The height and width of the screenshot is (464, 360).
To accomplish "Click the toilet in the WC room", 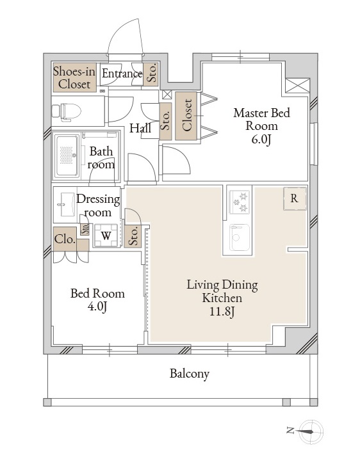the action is point(67,112).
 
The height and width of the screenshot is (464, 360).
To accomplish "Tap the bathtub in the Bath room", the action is point(67,156).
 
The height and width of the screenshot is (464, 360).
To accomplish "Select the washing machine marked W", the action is point(106,236).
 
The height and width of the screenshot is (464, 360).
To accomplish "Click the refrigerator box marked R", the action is point(295,198).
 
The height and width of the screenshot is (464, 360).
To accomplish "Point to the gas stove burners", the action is point(240,202).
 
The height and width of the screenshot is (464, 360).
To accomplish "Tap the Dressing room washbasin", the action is point(67,205).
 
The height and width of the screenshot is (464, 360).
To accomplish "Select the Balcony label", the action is point(190,374).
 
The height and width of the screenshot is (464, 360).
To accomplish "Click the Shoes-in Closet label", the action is point(74,77).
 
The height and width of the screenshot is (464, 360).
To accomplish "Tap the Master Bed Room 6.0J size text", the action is point(261,140).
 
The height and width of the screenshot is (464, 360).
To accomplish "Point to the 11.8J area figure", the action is point(222,311).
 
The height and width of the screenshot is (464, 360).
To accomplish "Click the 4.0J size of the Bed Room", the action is point(97,307).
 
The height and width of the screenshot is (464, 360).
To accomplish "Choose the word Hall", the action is point(140,128).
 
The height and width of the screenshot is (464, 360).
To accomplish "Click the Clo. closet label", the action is point(64,239).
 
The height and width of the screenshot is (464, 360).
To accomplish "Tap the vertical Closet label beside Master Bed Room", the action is point(187,115).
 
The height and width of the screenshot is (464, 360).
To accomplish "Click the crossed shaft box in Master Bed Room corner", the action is point(298,86).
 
